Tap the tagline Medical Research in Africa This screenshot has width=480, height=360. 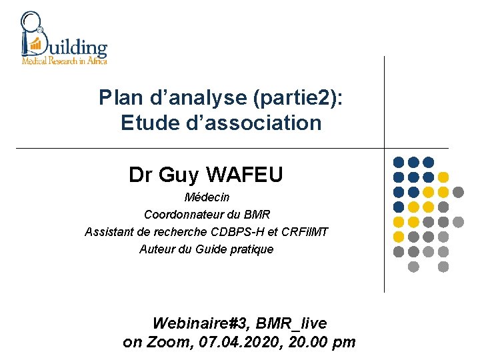(64, 60)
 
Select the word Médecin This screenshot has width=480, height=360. (207, 197)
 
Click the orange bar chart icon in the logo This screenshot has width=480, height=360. (35, 45)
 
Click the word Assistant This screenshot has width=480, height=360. (109, 232)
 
